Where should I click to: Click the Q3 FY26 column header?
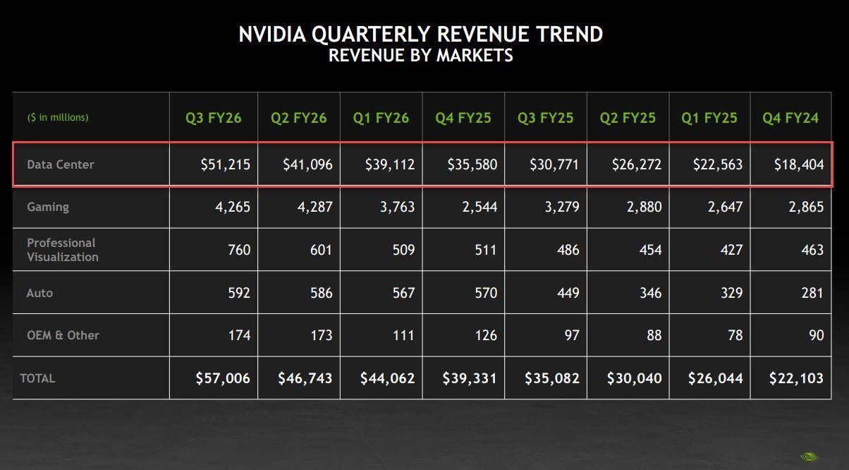pyautogui.click(x=213, y=118)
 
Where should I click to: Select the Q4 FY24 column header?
pyautogui.click(x=790, y=118)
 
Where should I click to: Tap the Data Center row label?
pyautogui.click(x=61, y=164)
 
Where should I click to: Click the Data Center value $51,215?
pyautogui.click(x=224, y=164)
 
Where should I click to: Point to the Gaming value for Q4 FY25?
pyautogui.click(x=476, y=207)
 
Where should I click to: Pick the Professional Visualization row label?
pyautogui.click(x=62, y=250)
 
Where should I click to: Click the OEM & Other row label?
pyautogui.click(x=63, y=335)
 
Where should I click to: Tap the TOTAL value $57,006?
pyautogui.click(x=223, y=378)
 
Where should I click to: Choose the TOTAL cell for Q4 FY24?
pyautogui.click(x=796, y=378)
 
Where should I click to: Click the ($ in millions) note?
pyautogui.click(x=58, y=117)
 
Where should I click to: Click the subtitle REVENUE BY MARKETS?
pyautogui.click(x=421, y=55)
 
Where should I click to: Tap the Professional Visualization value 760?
pyautogui.click(x=238, y=250)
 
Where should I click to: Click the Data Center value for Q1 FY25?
pyautogui.click(x=718, y=164)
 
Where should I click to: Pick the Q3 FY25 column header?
pyautogui.click(x=545, y=118)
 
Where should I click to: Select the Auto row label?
pyautogui.click(x=39, y=292)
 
